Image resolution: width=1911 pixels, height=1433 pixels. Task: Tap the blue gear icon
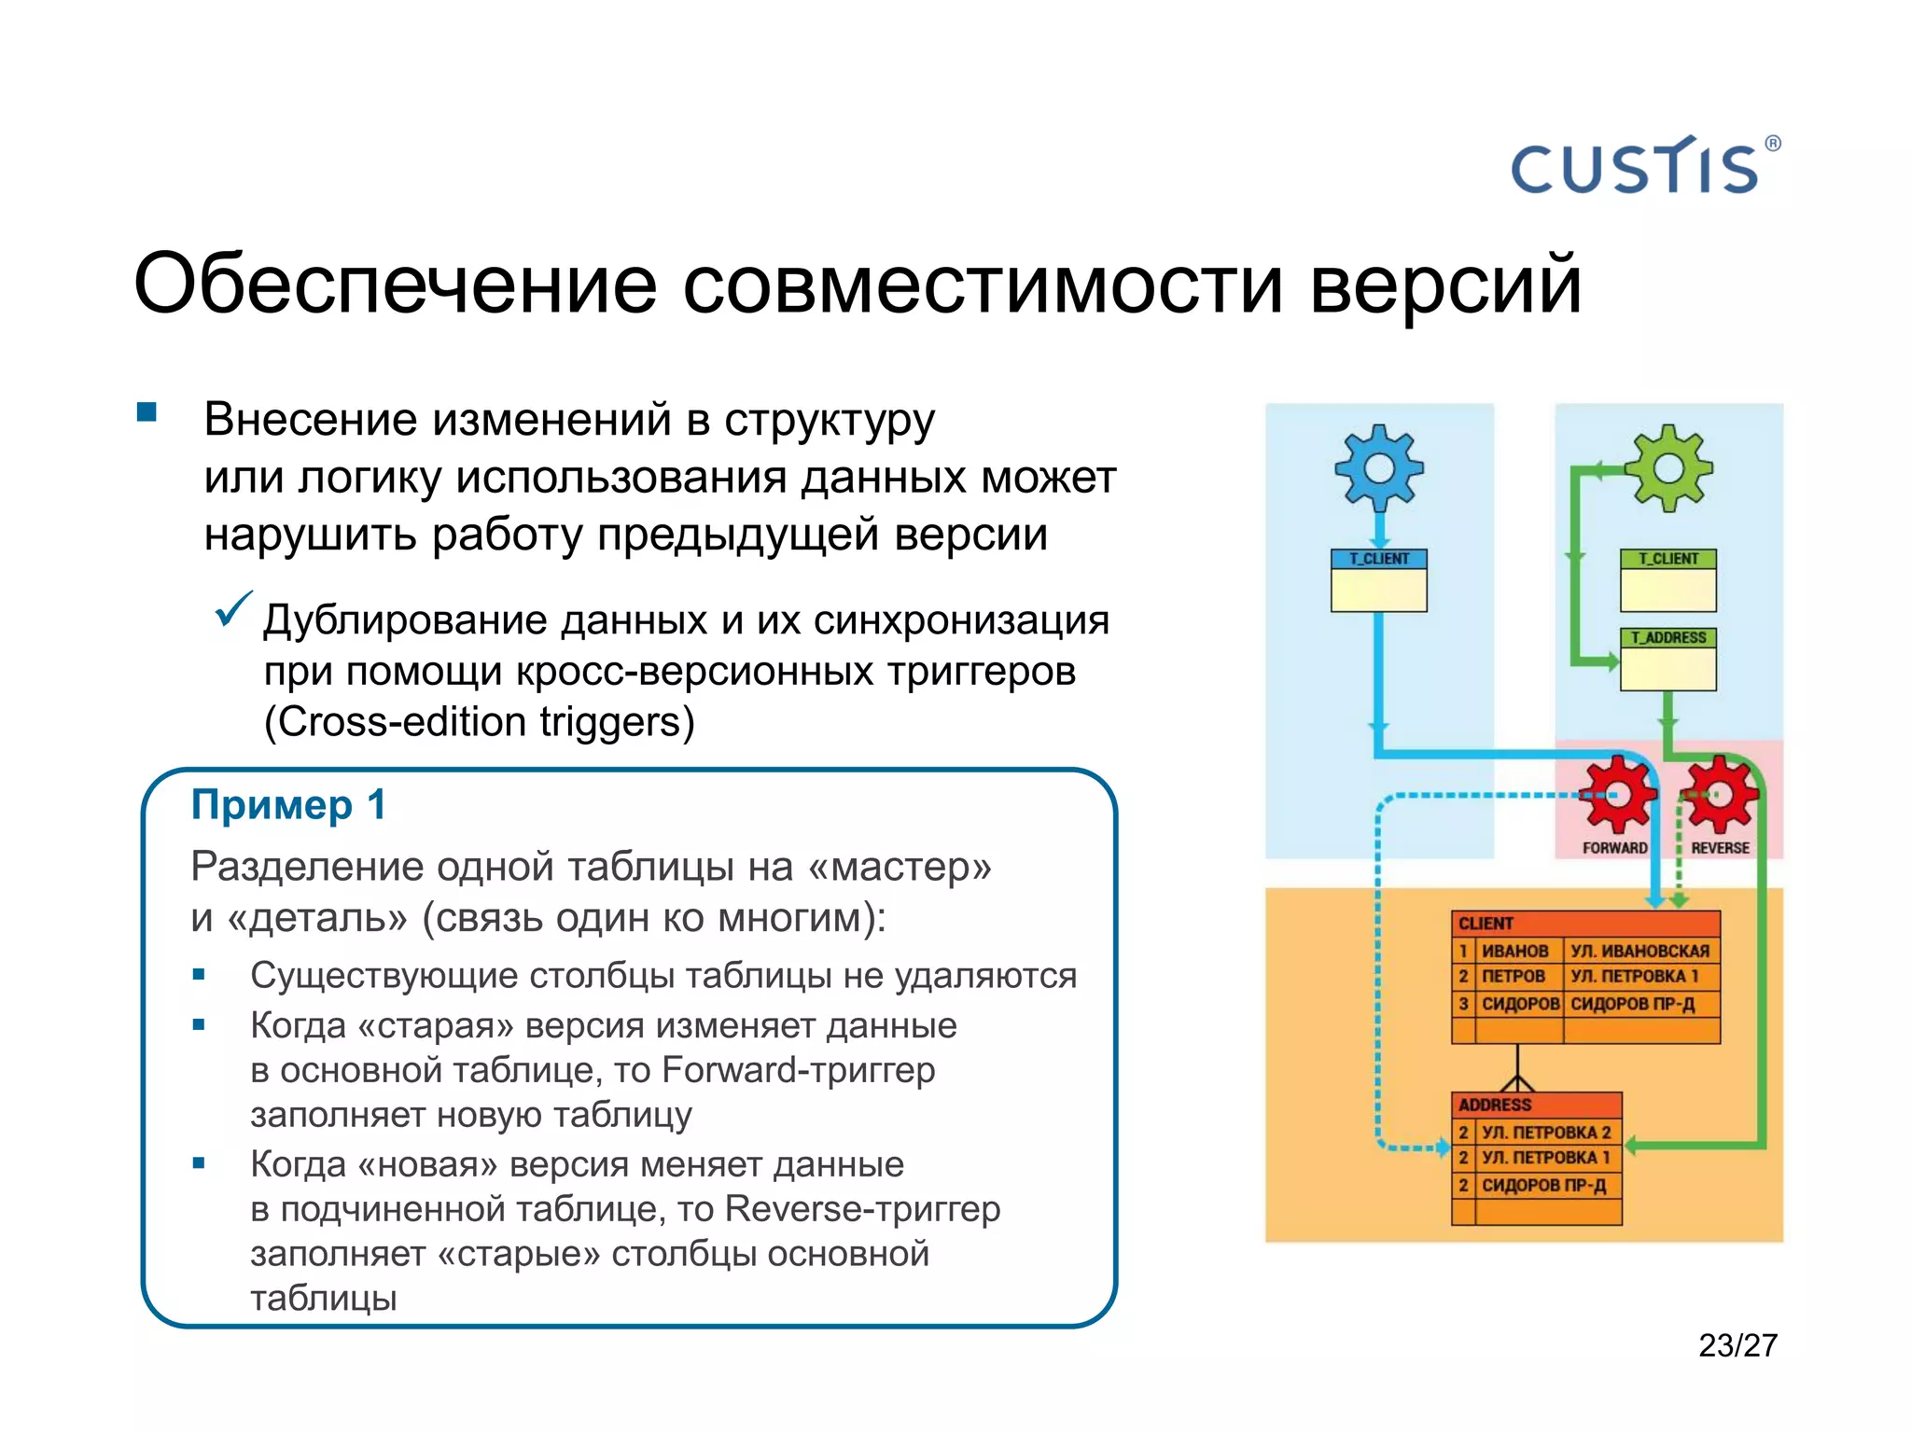[1379, 467]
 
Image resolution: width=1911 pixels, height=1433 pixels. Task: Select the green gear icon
[1669, 467]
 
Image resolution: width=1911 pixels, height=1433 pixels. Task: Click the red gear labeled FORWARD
[1616, 795]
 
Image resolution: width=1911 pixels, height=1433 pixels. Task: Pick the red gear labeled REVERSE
[1719, 795]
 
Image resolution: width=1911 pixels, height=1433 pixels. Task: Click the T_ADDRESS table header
[1668, 638]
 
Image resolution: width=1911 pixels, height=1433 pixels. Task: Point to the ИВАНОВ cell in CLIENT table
[1515, 951]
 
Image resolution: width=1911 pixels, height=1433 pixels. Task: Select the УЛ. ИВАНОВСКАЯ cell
[1640, 951]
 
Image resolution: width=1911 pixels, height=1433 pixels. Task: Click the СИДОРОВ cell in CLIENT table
[1520, 1004]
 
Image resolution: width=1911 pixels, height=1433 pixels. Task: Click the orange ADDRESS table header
[1537, 1105]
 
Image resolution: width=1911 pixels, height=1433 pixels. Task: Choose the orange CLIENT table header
[1585, 924]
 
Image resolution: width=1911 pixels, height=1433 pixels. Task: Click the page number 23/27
[1737, 1345]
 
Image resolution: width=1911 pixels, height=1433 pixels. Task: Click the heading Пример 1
[288, 805]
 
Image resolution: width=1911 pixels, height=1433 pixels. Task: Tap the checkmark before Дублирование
[232, 610]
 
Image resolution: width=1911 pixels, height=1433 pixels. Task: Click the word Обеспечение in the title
[396, 284]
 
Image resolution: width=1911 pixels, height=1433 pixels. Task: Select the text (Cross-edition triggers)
[480, 722]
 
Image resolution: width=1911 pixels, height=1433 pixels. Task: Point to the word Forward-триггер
[798, 1070]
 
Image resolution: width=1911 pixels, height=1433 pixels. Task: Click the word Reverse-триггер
[862, 1209]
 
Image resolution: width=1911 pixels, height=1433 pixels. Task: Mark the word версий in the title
[1445, 284]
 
